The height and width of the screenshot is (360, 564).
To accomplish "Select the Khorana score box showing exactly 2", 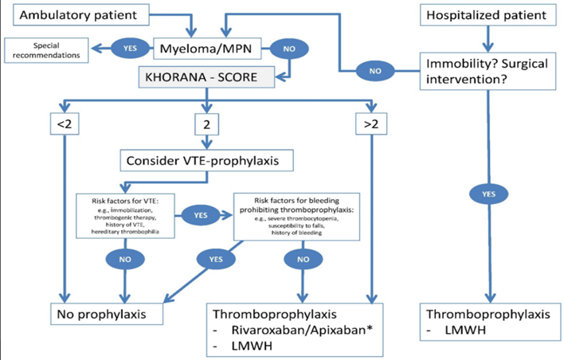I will [207, 125].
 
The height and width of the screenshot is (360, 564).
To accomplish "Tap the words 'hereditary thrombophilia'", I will [124, 226].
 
